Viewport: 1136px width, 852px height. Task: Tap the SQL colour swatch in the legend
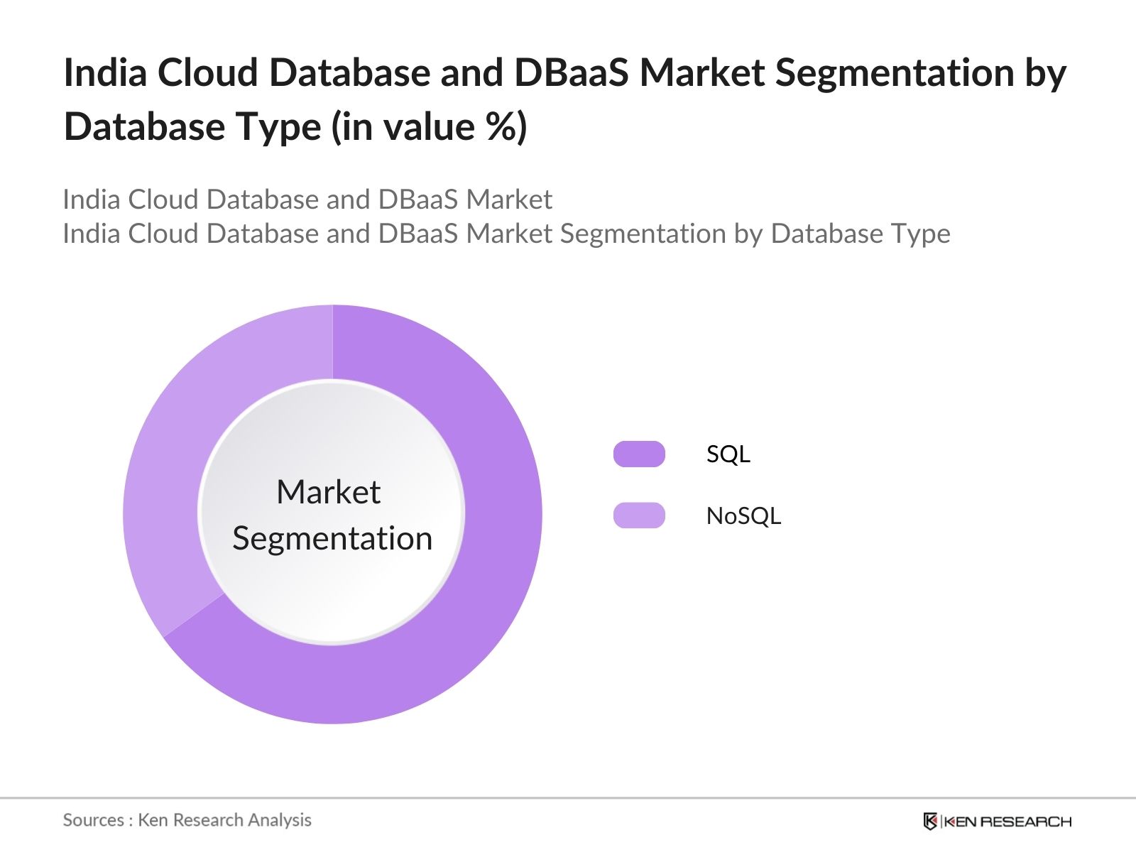[x=639, y=454]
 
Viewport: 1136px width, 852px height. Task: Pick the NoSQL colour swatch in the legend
[x=639, y=515]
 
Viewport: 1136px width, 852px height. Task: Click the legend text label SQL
[x=728, y=454]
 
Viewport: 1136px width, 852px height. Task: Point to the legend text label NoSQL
[x=743, y=515]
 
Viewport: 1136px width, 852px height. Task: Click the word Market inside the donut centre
[x=328, y=492]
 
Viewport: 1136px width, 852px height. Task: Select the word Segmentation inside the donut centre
[x=332, y=538]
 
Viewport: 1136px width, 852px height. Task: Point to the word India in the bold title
[x=104, y=72]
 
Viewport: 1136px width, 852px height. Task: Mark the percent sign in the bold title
[x=503, y=127]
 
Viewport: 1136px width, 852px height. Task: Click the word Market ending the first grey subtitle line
[x=509, y=200]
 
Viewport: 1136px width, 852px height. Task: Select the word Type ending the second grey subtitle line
[x=919, y=234]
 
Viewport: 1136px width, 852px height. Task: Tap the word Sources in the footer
[x=93, y=820]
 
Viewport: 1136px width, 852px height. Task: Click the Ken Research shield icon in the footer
[x=930, y=821]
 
